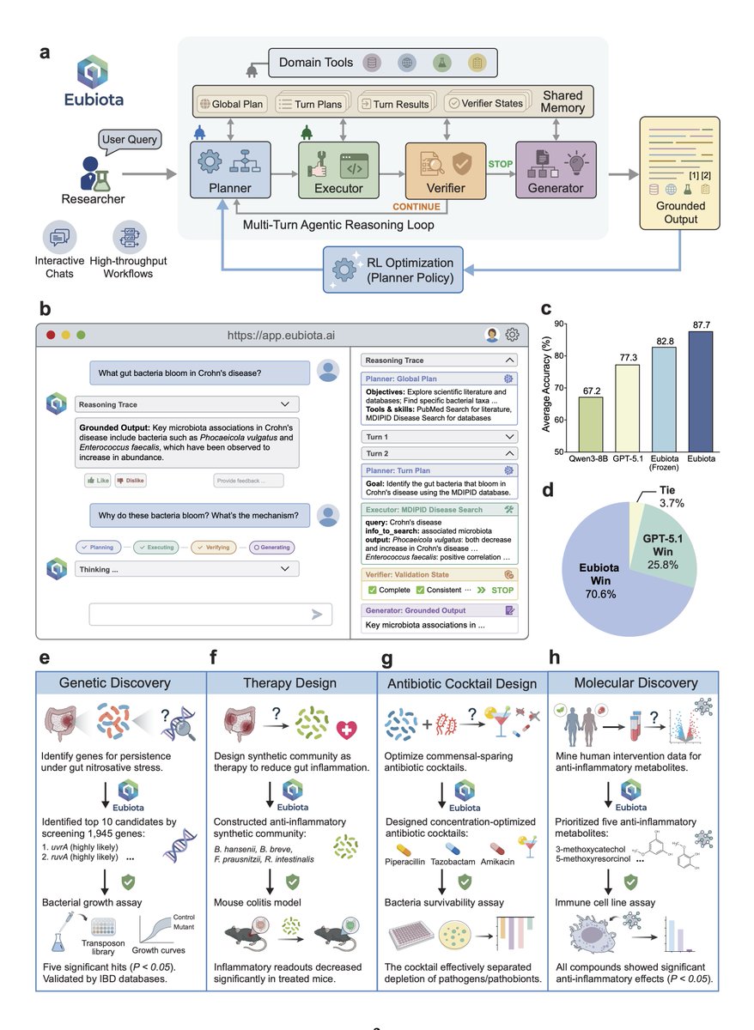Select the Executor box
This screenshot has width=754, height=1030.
[338, 171]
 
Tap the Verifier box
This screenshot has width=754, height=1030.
[447, 171]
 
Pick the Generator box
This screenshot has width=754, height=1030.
[555, 171]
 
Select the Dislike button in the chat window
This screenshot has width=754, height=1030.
[130, 481]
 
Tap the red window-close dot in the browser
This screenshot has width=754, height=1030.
[52, 334]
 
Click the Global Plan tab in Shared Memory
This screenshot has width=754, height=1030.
[232, 104]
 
